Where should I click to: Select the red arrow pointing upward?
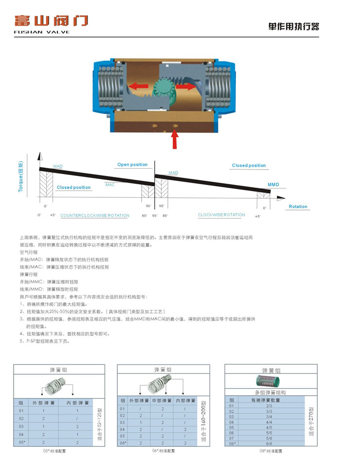click(x=175, y=140)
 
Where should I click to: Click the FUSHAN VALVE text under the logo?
click(x=42, y=32)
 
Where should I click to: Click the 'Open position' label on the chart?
click(x=132, y=165)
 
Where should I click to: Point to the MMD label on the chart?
click(x=273, y=185)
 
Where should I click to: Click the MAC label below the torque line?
click(x=110, y=185)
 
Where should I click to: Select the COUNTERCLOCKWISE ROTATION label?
click(x=95, y=215)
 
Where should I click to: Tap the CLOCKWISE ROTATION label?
click(x=221, y=215)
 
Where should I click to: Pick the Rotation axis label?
click(x=298, y=207)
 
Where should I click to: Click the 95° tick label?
click(x=155, y=215)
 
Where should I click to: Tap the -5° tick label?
click(x=39, y=215)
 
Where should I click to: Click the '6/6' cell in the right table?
click(x=269, y=443)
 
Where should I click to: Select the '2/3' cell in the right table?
click(x=269, y=405)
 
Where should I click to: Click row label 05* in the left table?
click(x=21, y=442)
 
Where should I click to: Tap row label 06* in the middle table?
click(x=124, y=443)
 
